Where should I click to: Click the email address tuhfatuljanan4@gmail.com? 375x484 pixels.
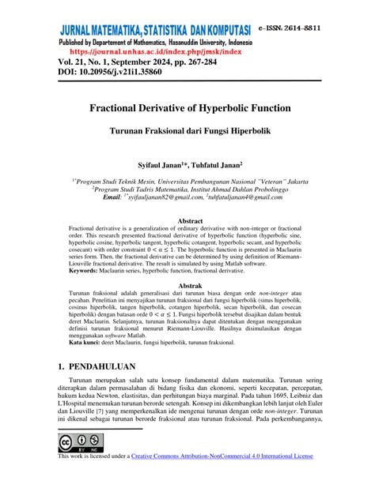point(252,198)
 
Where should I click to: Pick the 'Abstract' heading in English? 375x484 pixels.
point(187,221)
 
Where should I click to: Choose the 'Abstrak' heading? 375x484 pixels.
point(187,285)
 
